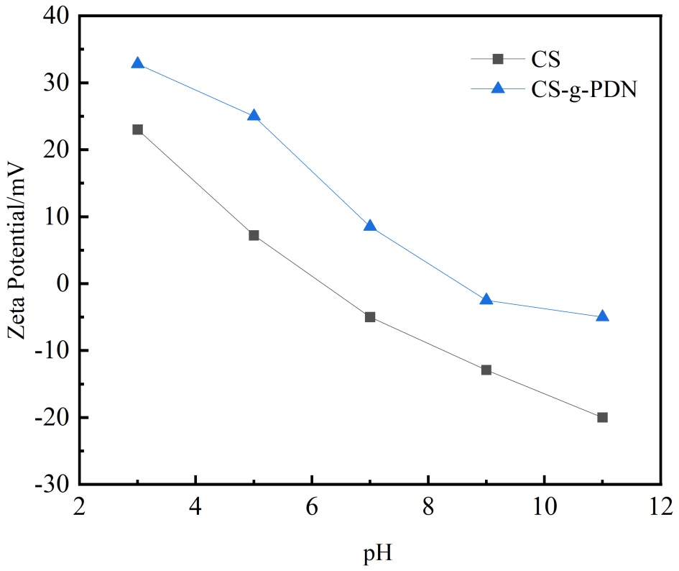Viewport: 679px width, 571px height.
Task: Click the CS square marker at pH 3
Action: [x=137, y=129]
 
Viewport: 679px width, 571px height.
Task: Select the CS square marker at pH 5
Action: [x=254, y=235]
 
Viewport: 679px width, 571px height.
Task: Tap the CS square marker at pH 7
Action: [x=370, y=316]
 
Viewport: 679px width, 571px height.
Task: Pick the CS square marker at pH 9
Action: [x=486, y=370]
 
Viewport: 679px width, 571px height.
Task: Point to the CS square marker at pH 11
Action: [x=602, y=417]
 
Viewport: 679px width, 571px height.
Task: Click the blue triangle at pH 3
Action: [x=137, y=63]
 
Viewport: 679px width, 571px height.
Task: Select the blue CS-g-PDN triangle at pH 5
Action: [x=254, y=115]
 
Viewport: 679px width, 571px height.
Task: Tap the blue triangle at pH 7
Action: [x=370, y=226]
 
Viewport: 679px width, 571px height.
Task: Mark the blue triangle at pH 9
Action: [x=486, y=299]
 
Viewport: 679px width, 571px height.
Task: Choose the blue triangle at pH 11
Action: [x=602, y=316]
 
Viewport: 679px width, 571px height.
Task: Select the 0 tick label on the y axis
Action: [x=63, y=284]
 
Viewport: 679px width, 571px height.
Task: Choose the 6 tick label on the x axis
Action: [x=312, y=507]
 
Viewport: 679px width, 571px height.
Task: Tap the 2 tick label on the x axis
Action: [x=80, y=507]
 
